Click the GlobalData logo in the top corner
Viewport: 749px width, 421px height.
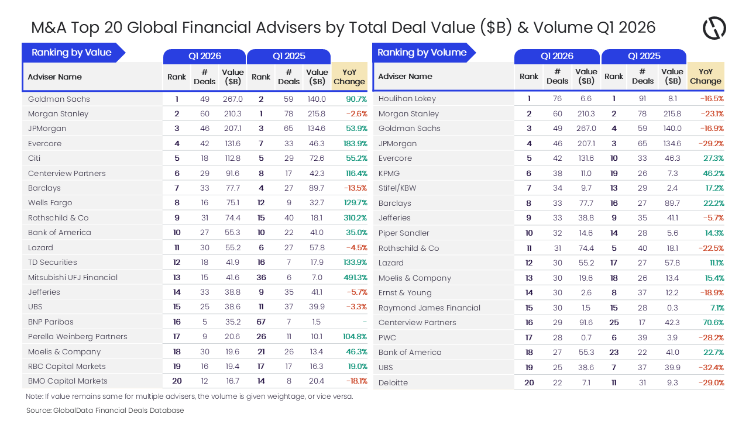pyautogui.click(x=714, y=28)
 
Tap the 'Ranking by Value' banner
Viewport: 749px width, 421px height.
pyautogui.click(x=71, y=53)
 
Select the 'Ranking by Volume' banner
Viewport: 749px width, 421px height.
pyautogui.click(x=421, y=53)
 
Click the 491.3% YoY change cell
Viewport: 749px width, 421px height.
pyautogui.click(x=355, y=277)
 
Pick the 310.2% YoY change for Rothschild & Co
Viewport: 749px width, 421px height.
pyautogui.click(x=355, y=218)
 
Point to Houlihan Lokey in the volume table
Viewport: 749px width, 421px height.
pyautogui.click(x=407, y=99)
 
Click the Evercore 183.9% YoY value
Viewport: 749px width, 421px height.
pyautogui.click(x=355, y=143)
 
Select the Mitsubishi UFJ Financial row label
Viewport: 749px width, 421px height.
pyautogui.click(x=73, y=277)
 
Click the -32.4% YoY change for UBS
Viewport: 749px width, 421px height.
pyautogui.click(x=712, y=367)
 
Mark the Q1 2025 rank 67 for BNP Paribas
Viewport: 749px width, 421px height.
pyautogui.click(x=261, y=322)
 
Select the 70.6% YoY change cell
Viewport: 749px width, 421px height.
pyautogui.click(x=712, y=322)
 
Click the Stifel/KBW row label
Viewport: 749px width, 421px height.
pyautogui.click(x=397, y=188)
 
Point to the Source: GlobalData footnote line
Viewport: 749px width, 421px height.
pyautogui.click(x=105, y=410)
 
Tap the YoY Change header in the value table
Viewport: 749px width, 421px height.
pyautogui.click(x=349, y=77)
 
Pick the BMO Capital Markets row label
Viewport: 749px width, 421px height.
pyautogui.click(x=68, y=381)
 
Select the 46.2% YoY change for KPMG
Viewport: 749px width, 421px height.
pyautogui.click(x=712, y=173)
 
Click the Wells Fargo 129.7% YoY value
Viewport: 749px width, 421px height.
pyautogui.click(x=355, y=203)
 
